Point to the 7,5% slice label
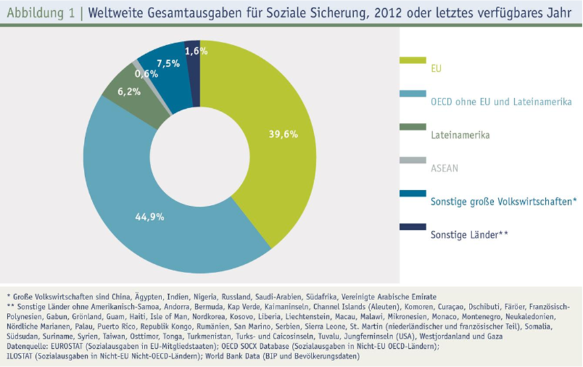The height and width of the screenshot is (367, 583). (168, 64)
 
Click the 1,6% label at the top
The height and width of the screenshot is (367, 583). (195, 51)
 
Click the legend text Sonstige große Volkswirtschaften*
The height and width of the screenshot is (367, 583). (503, 201)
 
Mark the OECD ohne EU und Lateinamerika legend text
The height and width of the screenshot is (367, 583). (501, 102)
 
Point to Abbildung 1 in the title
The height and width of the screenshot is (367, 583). (37, 11)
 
